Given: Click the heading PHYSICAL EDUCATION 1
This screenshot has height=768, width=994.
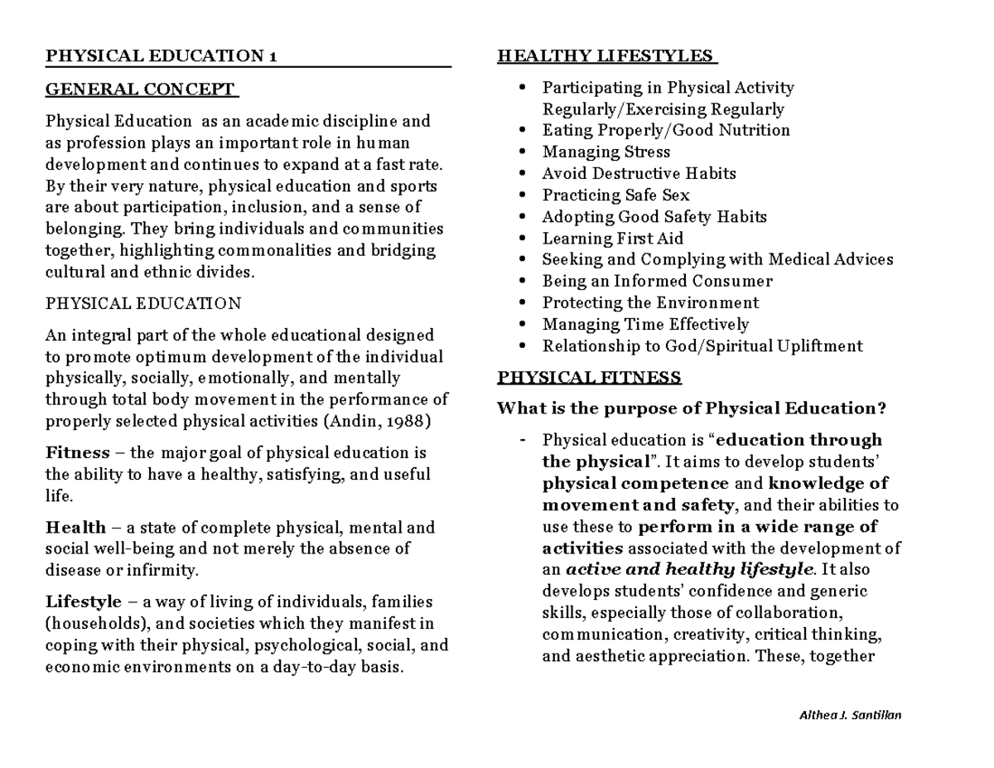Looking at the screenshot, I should pyautogui.click(x=162, y=56).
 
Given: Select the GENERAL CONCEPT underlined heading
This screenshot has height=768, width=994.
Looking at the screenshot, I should pyautogui.click(x=141, y=89).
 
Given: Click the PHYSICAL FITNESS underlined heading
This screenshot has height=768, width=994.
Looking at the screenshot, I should pyautogui.click(x=589, y=379).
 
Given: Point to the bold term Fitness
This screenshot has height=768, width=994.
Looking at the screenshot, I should pyautogui.click(x=78, y=453).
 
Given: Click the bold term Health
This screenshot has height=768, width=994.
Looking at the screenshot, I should pyautogui.click(x=75, y=528).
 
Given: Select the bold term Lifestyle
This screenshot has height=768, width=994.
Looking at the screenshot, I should pyautogui.click(x=83, y=601).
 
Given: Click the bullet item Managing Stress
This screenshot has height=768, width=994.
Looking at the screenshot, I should pyautogui.click(x=606, y=152).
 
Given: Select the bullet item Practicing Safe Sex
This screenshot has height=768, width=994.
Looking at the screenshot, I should pyautogui.click(x=615, y=196).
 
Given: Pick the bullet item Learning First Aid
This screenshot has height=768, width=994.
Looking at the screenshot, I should pyautogui.click(x=612, y=239).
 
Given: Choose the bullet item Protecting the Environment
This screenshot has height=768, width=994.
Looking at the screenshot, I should pyautogui.click(x=650, y=303).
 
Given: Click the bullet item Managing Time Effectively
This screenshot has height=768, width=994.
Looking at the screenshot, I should pyautogui.click(x=645, y=325).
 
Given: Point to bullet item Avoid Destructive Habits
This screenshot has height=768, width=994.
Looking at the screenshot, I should pyautogui.click(x=639, y=174).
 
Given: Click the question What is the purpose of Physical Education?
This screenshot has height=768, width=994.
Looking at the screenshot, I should pyautogui.click(x=692, y=408).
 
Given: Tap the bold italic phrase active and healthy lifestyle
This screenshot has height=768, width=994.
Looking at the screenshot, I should pyautogui.click(x=689, y=570).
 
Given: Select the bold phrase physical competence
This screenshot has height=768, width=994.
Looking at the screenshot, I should pyautogui.click(x=635, y=484).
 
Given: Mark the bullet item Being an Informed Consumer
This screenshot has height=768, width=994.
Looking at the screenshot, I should pyautogui.click(x=657, y=282).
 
